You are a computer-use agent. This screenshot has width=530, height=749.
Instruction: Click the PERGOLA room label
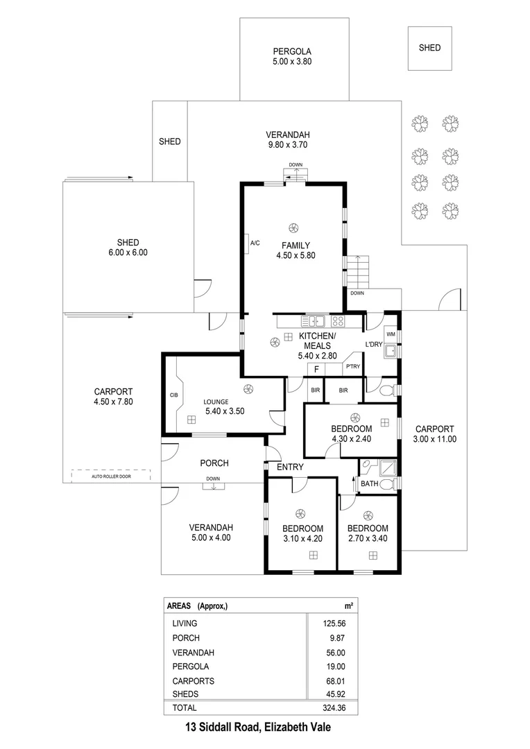pos(291,51)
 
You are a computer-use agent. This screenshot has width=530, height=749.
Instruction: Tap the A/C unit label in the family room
pos(255,243)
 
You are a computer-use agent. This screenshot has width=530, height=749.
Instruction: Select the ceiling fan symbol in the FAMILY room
pos(293,226)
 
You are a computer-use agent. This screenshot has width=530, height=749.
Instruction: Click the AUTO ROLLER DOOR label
pos(111,476)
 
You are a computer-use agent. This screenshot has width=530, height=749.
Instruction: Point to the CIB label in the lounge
pos(173,395)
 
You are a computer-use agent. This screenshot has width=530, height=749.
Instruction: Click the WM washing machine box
pos(391,334)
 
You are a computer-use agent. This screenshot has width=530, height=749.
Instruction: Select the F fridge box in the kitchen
pos(316,369)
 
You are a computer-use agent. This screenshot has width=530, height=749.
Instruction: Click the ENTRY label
pos(290,467)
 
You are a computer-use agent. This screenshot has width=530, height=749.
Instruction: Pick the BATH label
pos(370,483)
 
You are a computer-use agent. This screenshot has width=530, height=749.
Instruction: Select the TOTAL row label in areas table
pos(184,708)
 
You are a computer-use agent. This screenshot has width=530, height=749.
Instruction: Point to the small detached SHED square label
pos(429,48)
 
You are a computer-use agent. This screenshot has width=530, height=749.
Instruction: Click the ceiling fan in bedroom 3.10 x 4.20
pos(300,513)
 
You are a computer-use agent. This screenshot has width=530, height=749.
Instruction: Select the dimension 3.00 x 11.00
pos(434,439)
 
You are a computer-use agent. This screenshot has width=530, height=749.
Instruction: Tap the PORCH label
pos(214,463)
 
